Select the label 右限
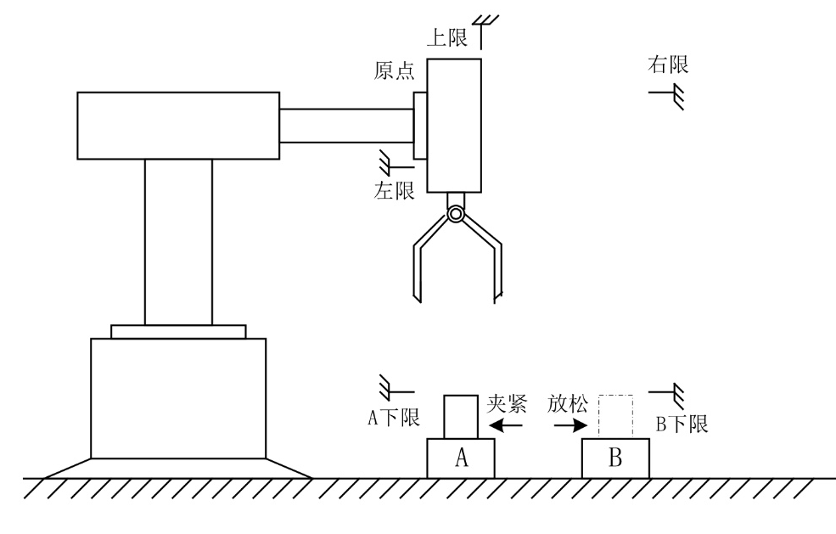tap(668, 65)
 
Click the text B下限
tap(682, 423)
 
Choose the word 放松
tap(567, 403)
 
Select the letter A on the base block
tap(462, 458)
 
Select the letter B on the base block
tap(616, 458)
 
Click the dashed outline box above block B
tap(616, 417)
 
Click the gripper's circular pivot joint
tap(457, 215)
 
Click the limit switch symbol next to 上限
tap(485, 28)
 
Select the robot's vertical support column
tap(178, 241)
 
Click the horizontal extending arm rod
tap(346, 126)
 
